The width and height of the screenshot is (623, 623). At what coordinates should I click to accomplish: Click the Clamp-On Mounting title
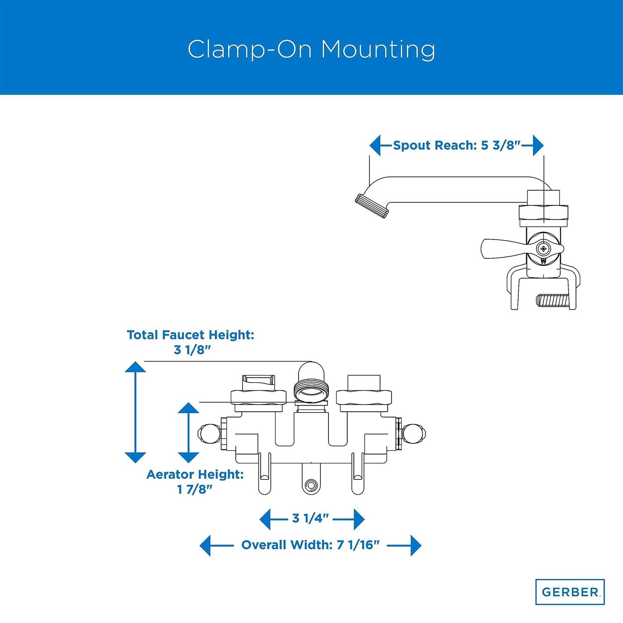click(x=311, y=49)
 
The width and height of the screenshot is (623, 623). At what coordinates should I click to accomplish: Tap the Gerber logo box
click(x=569, y=591)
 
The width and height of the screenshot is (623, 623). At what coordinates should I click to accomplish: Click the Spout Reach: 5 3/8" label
click(x=456, y=145)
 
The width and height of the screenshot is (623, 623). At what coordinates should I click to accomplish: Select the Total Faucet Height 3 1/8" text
click(x=191, y=342)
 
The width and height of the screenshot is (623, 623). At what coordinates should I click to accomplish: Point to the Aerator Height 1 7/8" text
click(x=195, y=482)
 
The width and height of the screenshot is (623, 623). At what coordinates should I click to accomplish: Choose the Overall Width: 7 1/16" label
click(x=311, y=545)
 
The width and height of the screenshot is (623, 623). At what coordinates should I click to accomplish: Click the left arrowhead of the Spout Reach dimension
click(x=375, y=145)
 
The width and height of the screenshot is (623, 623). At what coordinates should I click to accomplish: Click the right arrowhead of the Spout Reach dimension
click(x=538, y=145)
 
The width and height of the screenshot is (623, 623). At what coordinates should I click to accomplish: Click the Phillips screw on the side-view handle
click(x=543, y=249)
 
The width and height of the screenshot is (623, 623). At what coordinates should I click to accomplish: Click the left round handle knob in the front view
click(x=206, y=434)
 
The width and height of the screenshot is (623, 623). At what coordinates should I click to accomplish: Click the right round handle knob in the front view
click(x=415, y=434)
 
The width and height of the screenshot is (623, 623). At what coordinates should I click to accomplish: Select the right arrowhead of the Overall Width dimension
click(x=415, y=545)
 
